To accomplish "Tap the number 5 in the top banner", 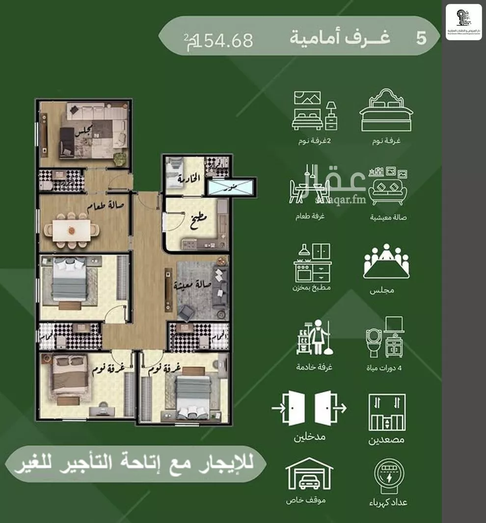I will [x=421, y=39].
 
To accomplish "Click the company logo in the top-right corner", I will [x=463, y=22].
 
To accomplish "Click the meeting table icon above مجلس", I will [x=386, y=261].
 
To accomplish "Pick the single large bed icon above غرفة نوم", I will [x=386, y=111].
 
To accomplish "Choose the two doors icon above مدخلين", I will [x=309, y=408].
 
